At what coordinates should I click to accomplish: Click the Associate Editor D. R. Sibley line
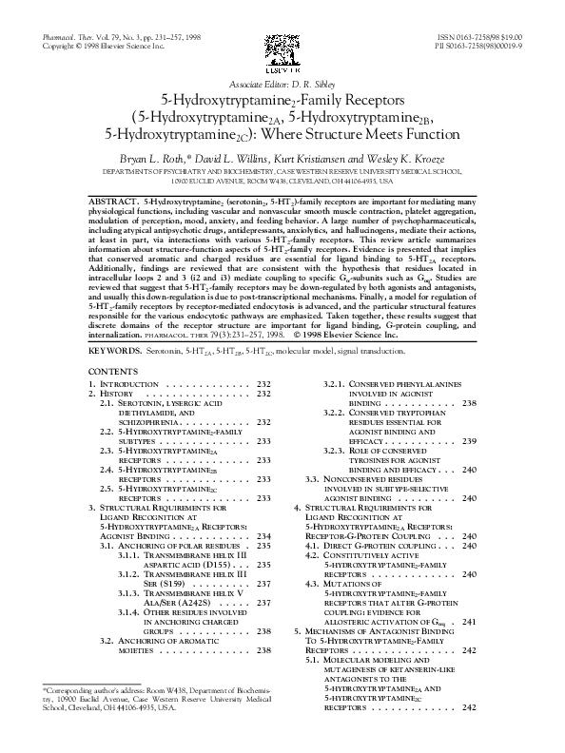282,85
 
